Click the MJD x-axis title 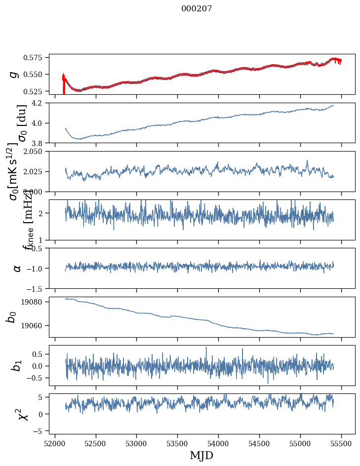pos(201,455)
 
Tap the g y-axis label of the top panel pos(15,74)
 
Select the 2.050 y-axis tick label pos(38,152)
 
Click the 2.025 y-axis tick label pos(38,171)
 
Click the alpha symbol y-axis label pos(17,268)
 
